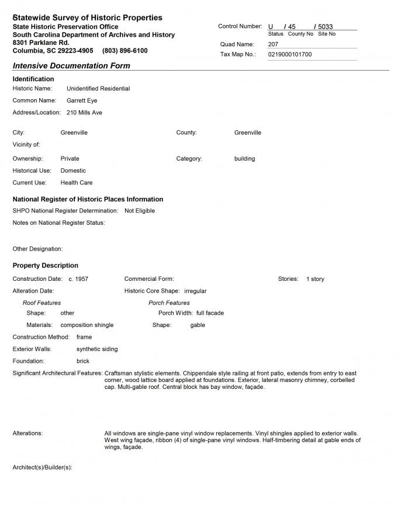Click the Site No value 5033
(325, 27)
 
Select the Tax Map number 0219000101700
(290, 54)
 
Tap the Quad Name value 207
(273, 44)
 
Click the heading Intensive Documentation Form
(71, 66)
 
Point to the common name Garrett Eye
(82, 100)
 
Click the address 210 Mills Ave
(84, 112)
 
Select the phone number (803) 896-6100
(125, 51)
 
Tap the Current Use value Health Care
(77, 183)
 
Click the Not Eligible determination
(140, 211)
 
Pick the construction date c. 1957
(78, 279)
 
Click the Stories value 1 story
(315, 279)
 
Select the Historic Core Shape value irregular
(195, 291)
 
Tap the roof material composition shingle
(87, 325)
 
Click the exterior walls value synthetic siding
(97, 349)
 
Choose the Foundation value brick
(83, 361)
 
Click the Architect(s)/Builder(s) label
(42, 468)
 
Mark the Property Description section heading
(46, 266)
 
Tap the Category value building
(244, 159)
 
